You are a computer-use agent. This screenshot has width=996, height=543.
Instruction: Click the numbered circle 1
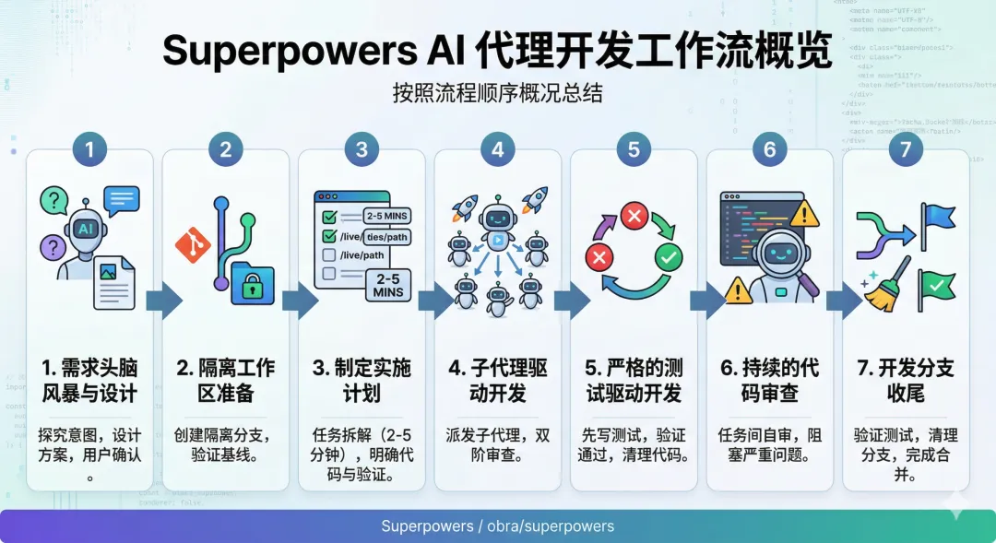pyautogui.click(x=89, y=148)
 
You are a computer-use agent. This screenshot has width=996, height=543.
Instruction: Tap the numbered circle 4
pyautogui.click(x=498, y=148)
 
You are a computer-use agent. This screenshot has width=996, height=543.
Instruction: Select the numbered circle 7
pyautogui.click(x=906, y=148)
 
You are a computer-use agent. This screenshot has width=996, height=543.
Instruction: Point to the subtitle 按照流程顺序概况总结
pyautogui.click(x=498, y=94)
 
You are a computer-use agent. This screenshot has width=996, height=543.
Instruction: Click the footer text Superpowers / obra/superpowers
pyautogui.click(x=498, y=526)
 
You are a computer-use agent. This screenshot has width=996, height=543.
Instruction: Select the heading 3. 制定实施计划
pyautogui.click(x=362, y=381)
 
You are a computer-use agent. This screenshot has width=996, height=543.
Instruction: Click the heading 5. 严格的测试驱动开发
pyautogui.click(x=634, y=381)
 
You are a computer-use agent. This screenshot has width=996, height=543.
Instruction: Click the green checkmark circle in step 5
pyautogui.click(x=667, y=256)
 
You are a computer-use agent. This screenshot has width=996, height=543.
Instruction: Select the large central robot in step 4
pyautogui.click(x=498, y=222)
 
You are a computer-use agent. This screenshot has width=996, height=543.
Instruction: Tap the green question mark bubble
pyautogui.click(x=55, y=199)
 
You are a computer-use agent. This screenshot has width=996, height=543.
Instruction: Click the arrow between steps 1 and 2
pyautogui.click(x=159, y=300)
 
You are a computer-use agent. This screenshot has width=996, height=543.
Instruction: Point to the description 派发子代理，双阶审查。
pyautogui.click(x=498, y=443)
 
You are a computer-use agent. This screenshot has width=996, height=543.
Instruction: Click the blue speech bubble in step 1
pyautogui.click(x=122, y=199)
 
